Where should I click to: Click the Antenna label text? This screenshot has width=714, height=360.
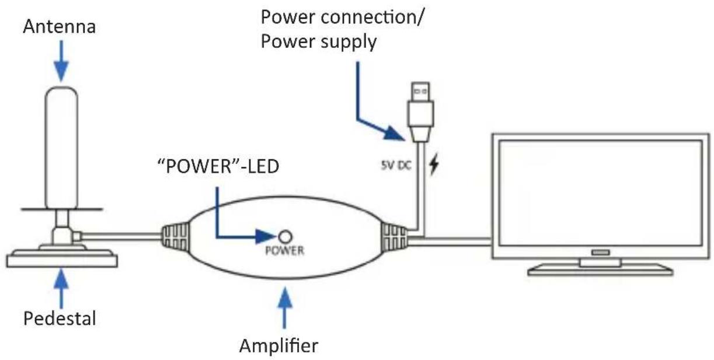(x=60, y=26)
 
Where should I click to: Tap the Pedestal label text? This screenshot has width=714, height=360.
(x=60, y=318)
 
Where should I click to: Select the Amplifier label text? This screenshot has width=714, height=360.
(x=279, y=345)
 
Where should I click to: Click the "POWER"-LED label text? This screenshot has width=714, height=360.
(x=218, y=166)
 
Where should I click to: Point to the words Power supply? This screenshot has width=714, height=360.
(x=319, y=41)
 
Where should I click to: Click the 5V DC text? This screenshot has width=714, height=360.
(x=396, y=165)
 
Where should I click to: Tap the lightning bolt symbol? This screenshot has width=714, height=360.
(x=434, y=164)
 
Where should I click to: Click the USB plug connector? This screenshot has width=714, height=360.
(x=420, y=111)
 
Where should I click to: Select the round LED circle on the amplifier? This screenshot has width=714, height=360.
(x=285, y=237)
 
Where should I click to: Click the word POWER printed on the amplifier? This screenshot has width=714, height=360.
(x=285, y=251)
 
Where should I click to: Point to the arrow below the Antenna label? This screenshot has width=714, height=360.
(x=61, y=61)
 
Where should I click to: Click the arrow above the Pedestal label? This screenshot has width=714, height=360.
(x=61, y=289)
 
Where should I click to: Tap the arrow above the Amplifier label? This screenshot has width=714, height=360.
(x=285, y=308)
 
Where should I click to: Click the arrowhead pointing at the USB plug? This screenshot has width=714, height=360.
(x=395, y=132)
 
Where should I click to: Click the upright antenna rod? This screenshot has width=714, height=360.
(x=61, y=148)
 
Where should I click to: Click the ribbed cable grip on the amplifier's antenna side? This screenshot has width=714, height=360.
(x=175, y=237)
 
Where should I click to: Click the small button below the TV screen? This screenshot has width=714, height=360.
(x=601, y=253)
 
